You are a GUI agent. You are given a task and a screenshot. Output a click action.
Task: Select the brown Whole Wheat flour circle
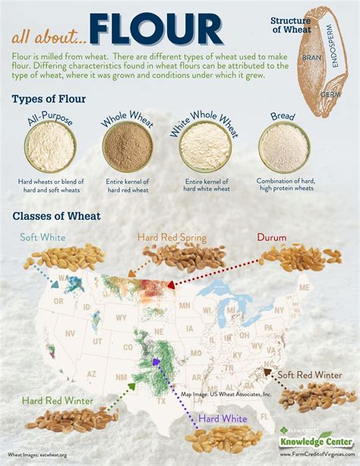(x=126, y=147)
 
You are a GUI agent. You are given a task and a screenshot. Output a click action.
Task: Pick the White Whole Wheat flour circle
(x=204, y=147)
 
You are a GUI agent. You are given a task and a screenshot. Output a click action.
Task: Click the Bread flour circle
(x=283, y=147)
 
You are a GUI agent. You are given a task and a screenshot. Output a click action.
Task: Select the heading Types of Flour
(x=49, y=100)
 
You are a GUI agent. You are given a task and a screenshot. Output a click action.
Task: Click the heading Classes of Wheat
(x=57, y=216)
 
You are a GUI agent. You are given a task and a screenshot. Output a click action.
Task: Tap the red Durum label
(x=271, y=237)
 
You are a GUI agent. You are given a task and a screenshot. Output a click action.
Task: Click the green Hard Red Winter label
(x=58, y=400)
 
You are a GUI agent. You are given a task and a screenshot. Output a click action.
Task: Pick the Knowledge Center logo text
(x=311, y=440)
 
